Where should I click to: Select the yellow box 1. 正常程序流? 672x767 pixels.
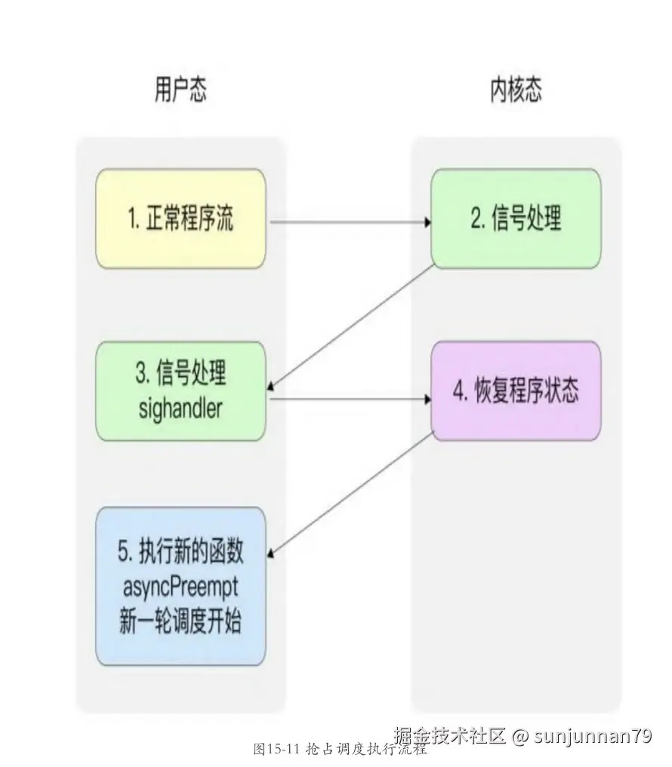point(180,219)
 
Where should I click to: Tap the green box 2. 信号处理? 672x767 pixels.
point(516,219)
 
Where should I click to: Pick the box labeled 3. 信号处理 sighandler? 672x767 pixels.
point(180,390)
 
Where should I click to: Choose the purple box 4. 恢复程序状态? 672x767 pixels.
point(516,392)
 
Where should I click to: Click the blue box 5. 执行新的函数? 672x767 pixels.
point(180,586)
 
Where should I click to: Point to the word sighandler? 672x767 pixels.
point(180,408)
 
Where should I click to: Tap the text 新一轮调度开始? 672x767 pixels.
point(180,623)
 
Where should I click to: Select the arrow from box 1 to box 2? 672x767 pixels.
point(347,223)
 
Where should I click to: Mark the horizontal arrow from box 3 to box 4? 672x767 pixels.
point(347,399)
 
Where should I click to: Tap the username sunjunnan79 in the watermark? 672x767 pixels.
point(592,735)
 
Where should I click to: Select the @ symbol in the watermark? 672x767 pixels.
point(519,736)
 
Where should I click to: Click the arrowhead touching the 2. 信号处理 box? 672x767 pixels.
point(427,223)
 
